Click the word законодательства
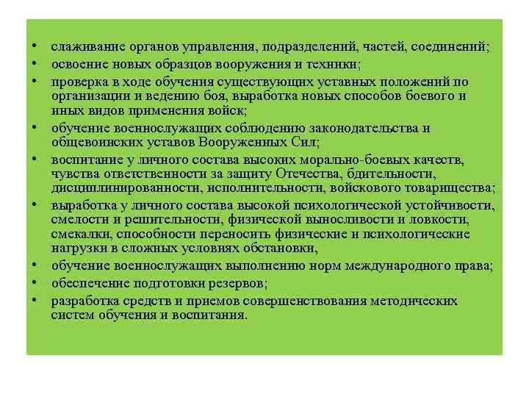click(x=364, y=128)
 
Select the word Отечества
click(x=309, y=174)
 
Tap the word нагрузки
click(x=77, y=248)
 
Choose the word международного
click(x=384, y=265)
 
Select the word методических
click(x=417, y=301)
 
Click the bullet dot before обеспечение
click(x=35, y=283)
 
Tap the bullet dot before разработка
click(x=35, y=301)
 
